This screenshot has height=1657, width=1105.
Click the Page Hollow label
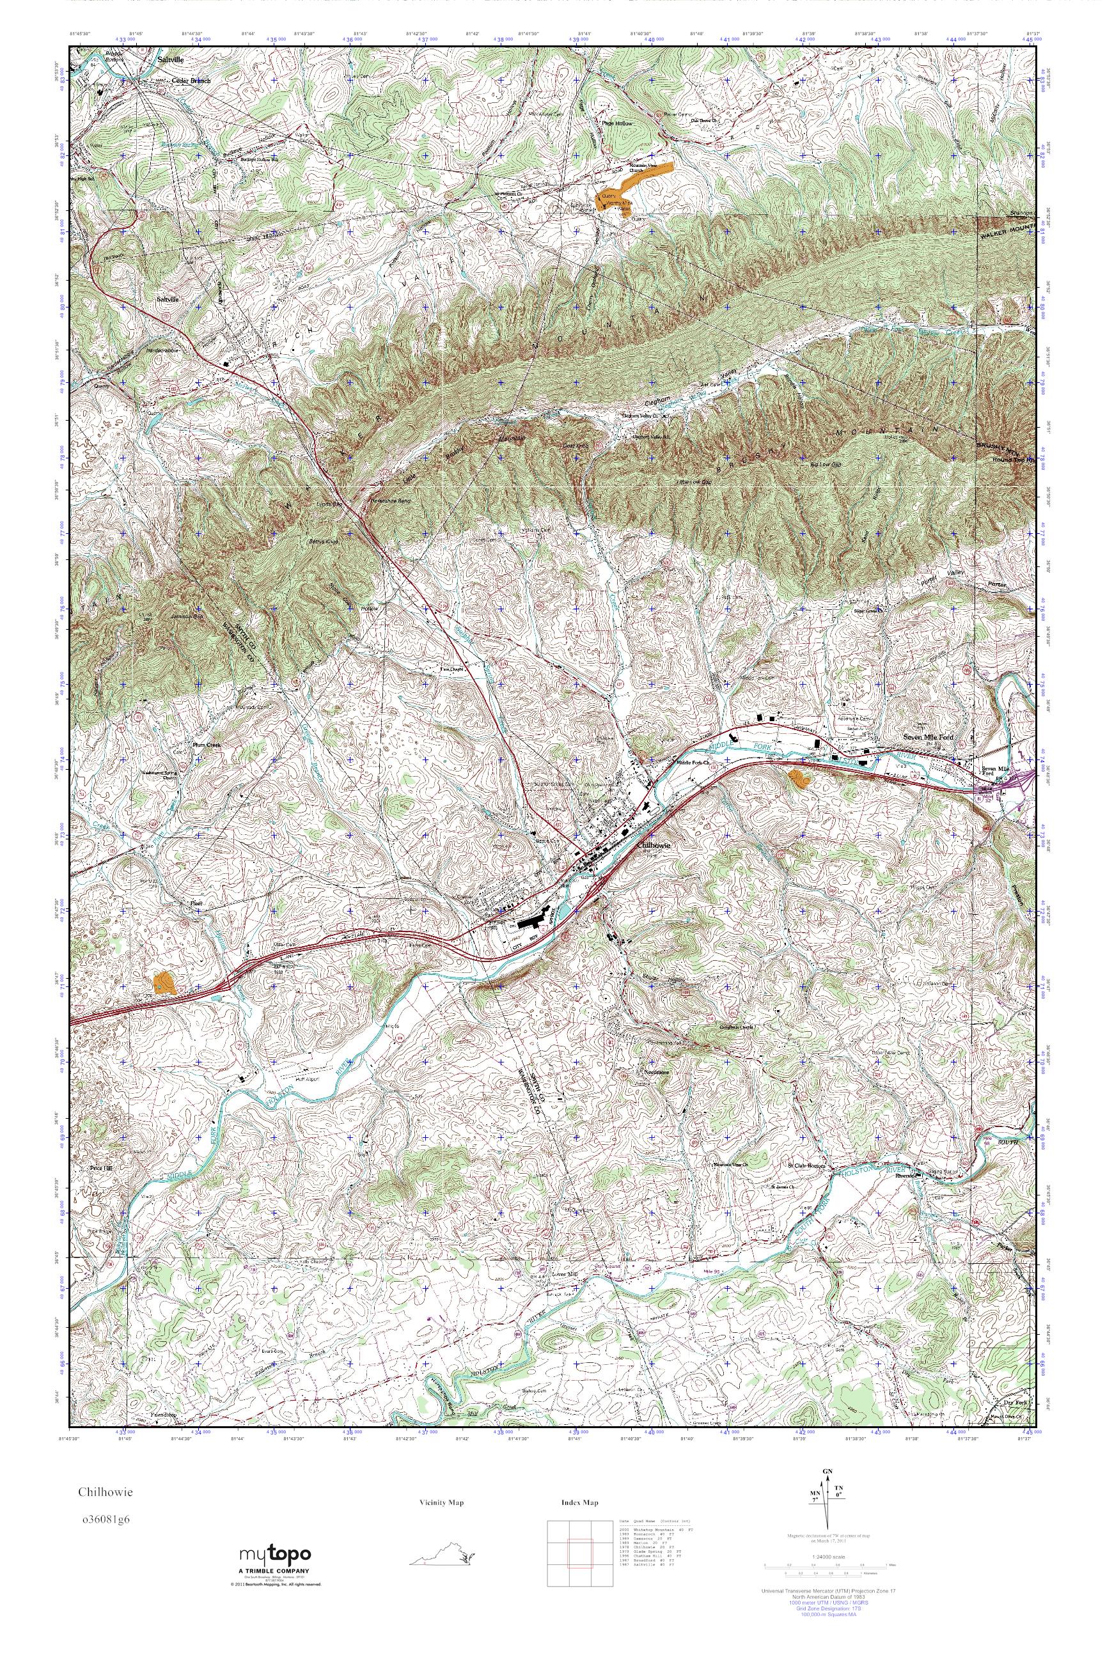617,123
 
